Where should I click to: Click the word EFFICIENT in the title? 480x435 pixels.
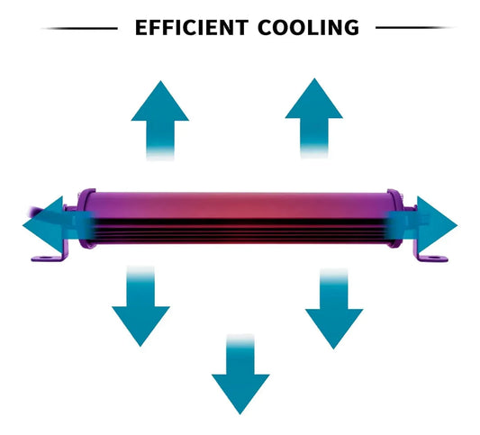(x=192, y=28)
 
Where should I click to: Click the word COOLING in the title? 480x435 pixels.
(x=309, y=28)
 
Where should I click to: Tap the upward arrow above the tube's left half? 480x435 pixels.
(x=160, y=121)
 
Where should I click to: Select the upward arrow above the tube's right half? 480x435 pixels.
(x=314, y=118)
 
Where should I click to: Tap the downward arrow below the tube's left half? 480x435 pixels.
(x=140, y=306)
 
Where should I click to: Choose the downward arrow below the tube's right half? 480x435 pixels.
(x=334, y=309)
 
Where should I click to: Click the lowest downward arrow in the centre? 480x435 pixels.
(x=240, y=374)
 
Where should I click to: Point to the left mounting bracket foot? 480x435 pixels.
(x=49, y=258)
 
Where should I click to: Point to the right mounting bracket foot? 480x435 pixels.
(x=431, y=258)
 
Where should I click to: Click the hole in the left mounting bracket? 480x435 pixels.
(x=45, y=258)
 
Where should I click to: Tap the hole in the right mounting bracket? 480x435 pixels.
(x=434, y=258)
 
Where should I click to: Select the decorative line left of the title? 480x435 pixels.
(x=79, y=29)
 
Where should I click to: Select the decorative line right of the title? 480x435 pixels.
(x=415, y=28)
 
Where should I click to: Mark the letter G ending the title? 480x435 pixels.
(x=351, y=28)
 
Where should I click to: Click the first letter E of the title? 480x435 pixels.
(x=141, y=28)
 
